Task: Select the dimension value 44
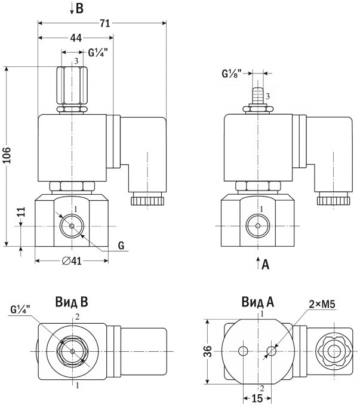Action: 76,38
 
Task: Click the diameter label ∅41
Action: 71,261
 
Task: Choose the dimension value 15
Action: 257,398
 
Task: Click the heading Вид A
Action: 258,302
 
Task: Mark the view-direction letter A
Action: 266,265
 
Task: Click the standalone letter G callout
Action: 121,246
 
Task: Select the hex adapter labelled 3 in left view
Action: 72,86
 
